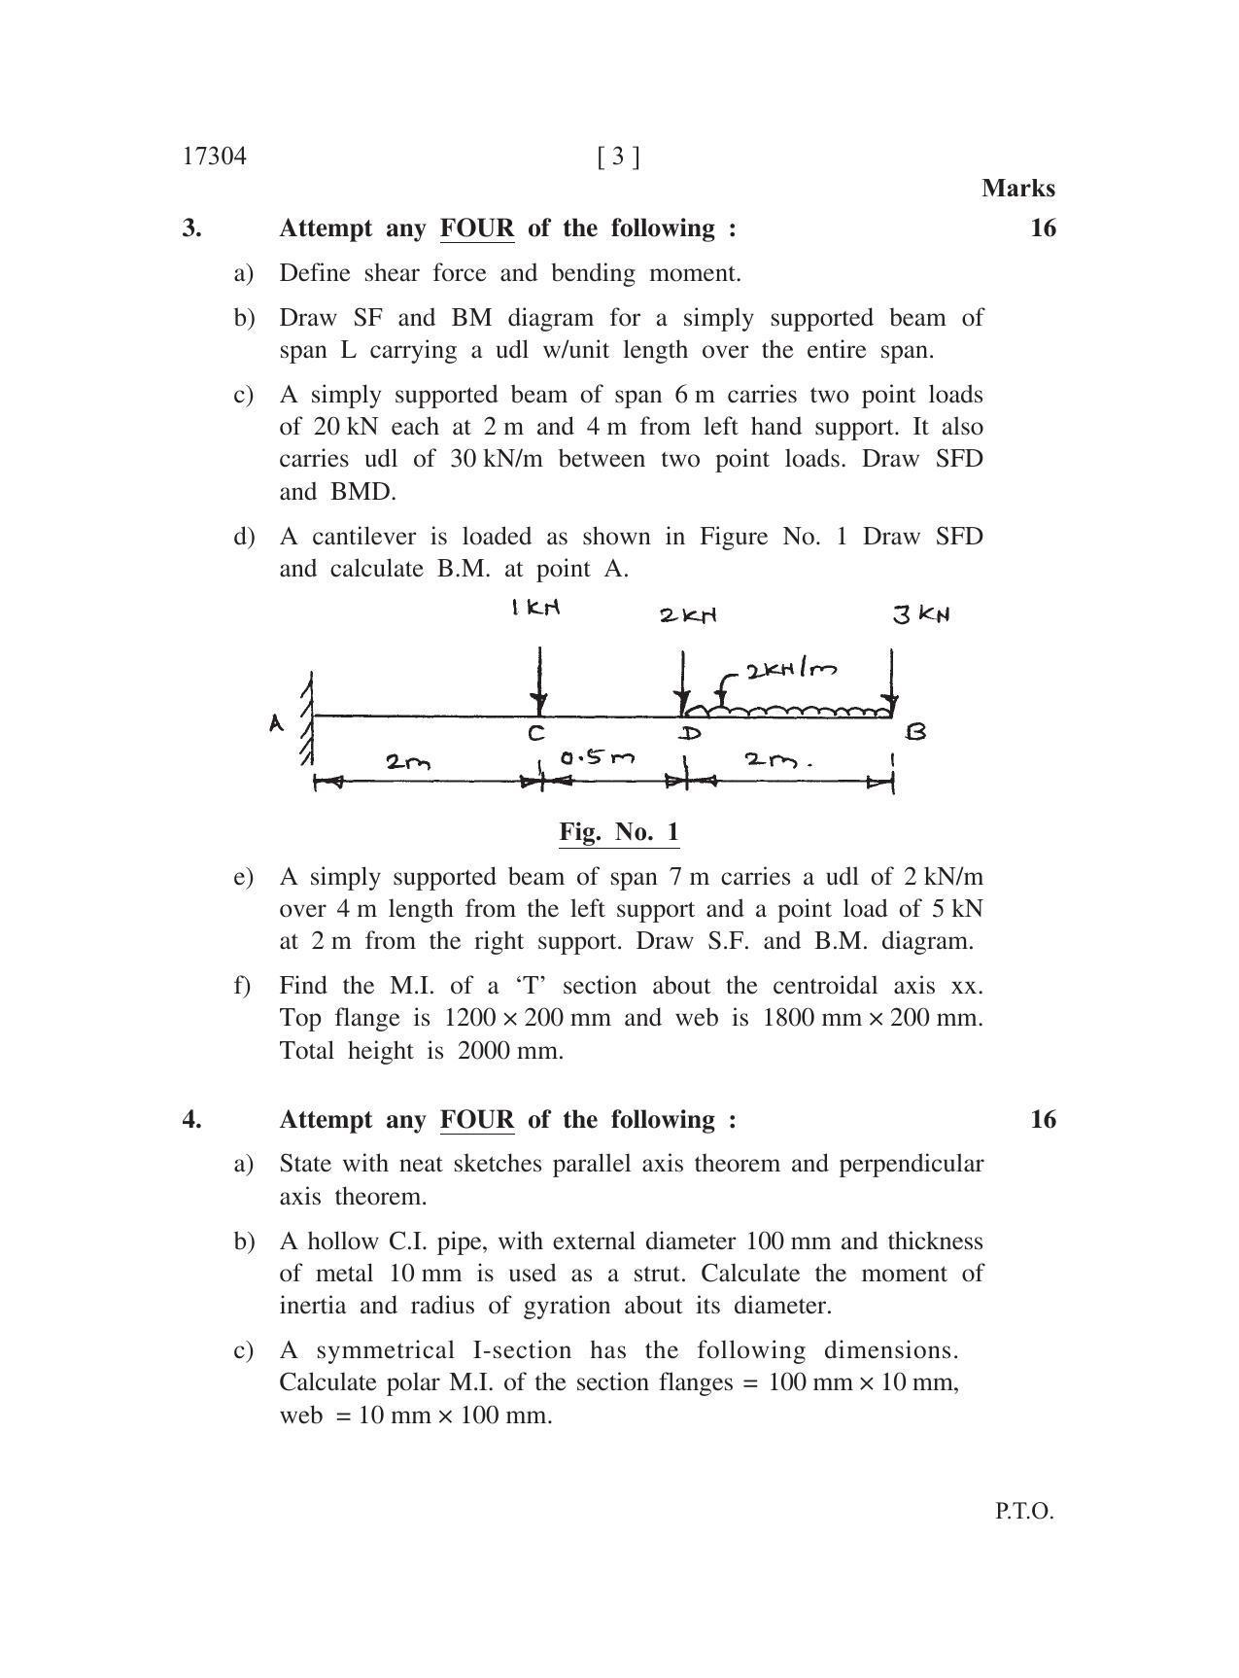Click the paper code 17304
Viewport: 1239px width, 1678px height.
point(214,157)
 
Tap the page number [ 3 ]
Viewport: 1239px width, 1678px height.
point(619,157)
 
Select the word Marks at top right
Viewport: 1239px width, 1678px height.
point(1017,188)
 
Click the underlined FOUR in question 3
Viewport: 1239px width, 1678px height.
point(477,228)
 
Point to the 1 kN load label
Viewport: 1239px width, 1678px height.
point(536,609)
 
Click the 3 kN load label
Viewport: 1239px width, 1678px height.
point(920,614)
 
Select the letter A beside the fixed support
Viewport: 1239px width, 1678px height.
point(276,723)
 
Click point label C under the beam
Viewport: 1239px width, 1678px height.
point(536,733)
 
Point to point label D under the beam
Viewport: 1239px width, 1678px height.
point(690,734)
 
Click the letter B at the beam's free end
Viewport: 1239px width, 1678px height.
point(914,732)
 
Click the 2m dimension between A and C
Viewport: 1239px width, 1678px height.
point(408,761)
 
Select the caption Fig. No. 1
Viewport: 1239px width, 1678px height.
point(619,832)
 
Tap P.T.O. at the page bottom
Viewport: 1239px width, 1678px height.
point(1023,1512)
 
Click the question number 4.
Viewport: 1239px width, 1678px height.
point(191,1120)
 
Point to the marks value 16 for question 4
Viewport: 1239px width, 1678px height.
point(1042,1120)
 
